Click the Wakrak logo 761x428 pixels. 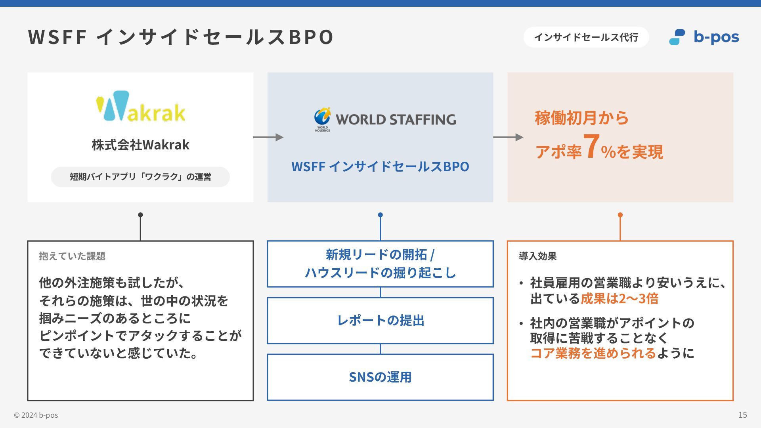(x=140, y=106)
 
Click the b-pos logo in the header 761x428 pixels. (x=704, y=37)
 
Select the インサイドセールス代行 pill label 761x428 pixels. (x=586, y=37)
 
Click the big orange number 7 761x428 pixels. (x=591, y=147)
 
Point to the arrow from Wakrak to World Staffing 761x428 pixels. (x=268, y=137)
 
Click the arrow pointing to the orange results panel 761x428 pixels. (x=508, y=137)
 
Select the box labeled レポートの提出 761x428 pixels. (x=380, y=320)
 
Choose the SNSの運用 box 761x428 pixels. (x=380, y=377)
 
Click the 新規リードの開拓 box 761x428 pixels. (x=380, y=264)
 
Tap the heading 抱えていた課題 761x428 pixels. (x=72, y=256)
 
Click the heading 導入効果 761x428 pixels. (x=537, y=256)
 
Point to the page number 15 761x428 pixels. (x=742, y=415)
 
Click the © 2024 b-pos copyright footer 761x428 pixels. (x=36, y=415)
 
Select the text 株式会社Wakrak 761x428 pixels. (x=140, y=145)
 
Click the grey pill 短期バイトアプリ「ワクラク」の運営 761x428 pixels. (x=140, y=177)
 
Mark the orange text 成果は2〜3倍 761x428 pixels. (x=619, y=298)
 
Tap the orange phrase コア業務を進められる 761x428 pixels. (x=593, y=353)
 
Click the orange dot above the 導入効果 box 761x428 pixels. (x=620, y=215)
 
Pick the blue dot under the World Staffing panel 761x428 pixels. (x=380, y=215)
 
